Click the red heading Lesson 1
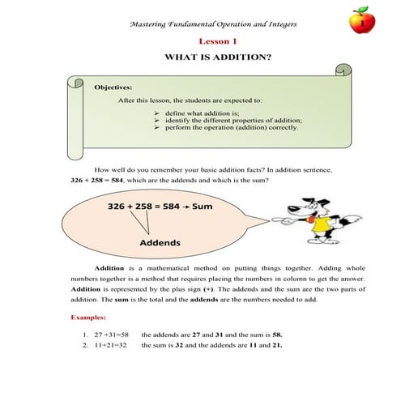217,41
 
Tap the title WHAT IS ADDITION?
217,58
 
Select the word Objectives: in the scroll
113,86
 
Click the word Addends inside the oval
160,242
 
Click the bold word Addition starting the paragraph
109,268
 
